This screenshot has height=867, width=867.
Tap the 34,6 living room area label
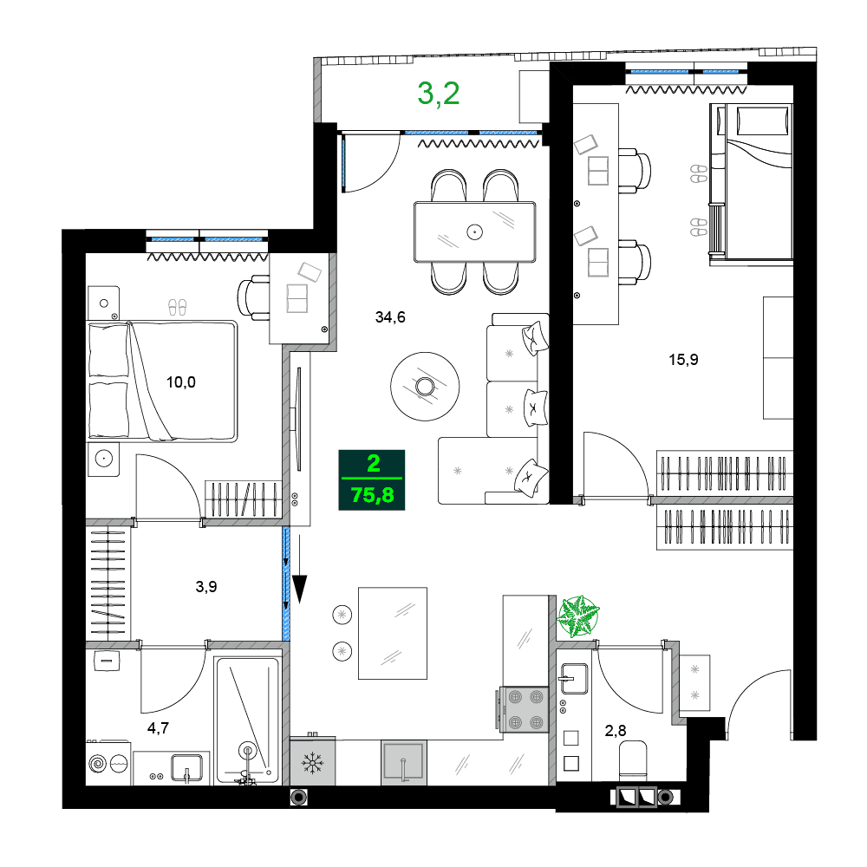(x=390, y=317)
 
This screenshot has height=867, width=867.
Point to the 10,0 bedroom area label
(x=181, y=381)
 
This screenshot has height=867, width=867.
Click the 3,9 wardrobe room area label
(x=206, y=586)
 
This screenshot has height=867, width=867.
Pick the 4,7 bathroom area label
(x=158, y=727)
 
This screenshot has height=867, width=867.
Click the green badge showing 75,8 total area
(x=372, y=478)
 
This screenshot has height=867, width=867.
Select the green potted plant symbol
(x=577, y=616)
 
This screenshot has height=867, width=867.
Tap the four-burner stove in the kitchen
(x=525, y=707)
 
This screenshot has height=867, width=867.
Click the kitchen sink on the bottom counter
(x=403, y=763)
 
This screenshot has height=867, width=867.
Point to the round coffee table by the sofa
(x=426, y=386)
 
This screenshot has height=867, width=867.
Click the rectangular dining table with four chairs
(x=474, y=231)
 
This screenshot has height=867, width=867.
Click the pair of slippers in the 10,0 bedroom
(x=177, y=306)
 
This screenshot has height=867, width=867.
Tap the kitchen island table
(x=393, y=633)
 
